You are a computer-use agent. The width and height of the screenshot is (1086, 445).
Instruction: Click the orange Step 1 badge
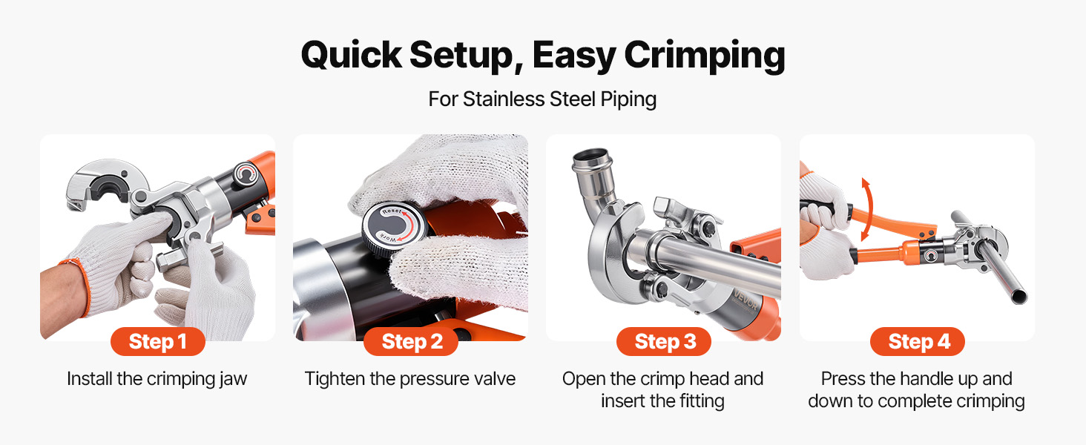[157, 342]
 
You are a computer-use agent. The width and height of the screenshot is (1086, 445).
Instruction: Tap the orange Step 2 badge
[411, 342]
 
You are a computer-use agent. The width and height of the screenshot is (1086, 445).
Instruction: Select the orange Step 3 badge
[664, 342]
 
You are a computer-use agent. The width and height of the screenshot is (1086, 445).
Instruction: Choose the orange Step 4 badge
[918, 342]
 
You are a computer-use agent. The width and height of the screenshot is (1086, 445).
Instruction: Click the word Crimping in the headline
[705, 56]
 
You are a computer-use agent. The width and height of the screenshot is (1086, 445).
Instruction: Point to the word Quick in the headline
[352, 55]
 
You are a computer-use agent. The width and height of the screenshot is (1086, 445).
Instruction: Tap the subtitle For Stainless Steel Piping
[542, 99]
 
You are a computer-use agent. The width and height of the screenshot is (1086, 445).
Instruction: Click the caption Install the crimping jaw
[157, 379]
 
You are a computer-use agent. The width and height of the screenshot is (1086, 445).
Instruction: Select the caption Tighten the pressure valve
[410, 379]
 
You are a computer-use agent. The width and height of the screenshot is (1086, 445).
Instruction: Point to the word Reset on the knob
[392, 211]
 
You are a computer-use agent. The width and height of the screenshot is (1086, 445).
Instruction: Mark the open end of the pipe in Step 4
[1018, 295]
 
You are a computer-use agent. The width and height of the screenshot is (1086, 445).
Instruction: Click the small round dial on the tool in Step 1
[246, 174]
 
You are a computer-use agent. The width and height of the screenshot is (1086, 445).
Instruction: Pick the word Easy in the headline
[574, 56]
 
